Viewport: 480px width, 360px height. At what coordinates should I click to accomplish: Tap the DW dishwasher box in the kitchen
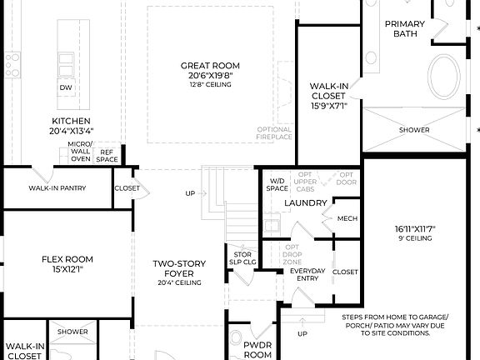click(65, 87)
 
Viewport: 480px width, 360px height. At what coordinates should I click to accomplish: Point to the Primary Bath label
click(404, 29)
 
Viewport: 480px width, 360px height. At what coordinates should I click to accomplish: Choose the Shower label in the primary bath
click(413, 130)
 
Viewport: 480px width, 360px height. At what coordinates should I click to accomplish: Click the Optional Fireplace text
click(274, 133)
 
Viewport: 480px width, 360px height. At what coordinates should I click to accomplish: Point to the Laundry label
click(304, 202)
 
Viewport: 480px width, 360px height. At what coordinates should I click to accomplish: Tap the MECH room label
click(347, 218)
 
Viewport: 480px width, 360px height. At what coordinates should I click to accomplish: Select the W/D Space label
click(277, 184)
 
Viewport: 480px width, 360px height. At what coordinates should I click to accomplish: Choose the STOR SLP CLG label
click(242, 258)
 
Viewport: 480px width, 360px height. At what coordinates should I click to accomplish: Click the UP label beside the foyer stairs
click(189, 193)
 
